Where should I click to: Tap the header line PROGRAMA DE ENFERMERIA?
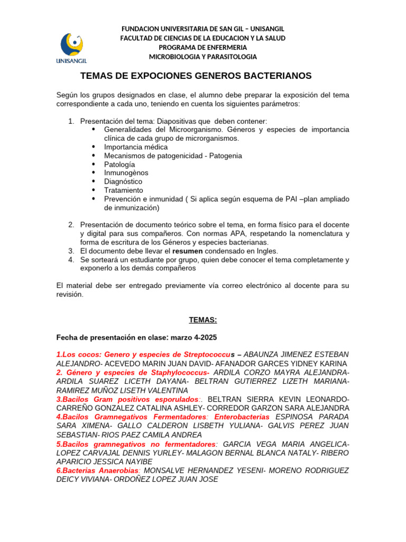[203, 47]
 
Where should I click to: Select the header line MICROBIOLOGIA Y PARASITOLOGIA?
[203, 57]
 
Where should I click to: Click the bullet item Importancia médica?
[136, 147]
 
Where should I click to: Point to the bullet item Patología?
[119, 164]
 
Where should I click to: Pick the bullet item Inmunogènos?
[126, 173]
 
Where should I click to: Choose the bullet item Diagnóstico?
[123, 182]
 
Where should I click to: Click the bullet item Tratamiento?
[124, 190]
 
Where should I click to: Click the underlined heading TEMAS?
[203, 320]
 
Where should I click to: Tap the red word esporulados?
[175, 399]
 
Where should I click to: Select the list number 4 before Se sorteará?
[71, 260]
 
